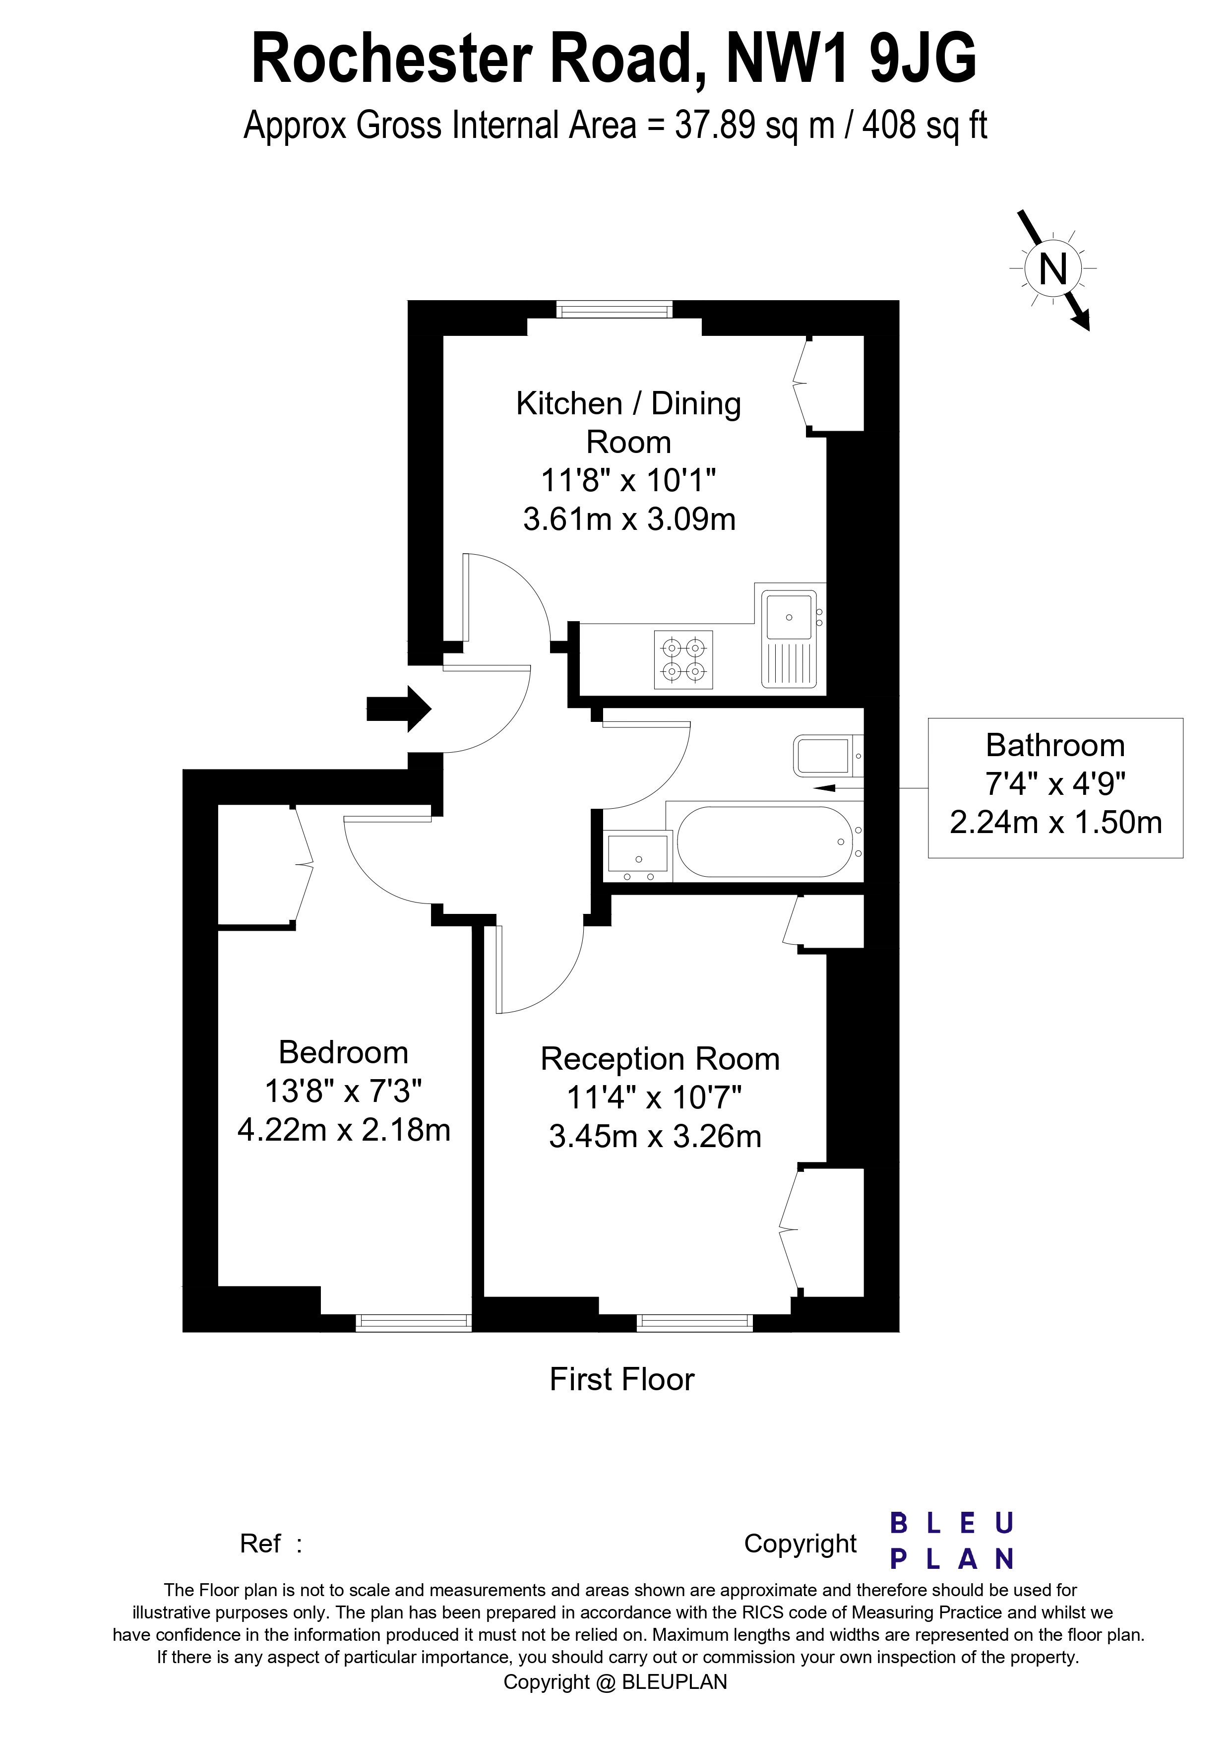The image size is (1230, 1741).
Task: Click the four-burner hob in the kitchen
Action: (x=683, y=660)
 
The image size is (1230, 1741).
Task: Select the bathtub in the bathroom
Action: (x=765, y=841)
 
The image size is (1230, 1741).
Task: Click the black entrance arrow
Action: (x=399, y=709)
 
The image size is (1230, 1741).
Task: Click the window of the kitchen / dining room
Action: (x=614, y=310)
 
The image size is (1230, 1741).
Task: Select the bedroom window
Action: (x=414, y=1322)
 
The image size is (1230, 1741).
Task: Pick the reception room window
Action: (x=695, y=1322)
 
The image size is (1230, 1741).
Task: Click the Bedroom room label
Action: (x=343, y=1052)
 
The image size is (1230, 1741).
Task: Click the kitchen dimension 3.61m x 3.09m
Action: (x=629, y=519)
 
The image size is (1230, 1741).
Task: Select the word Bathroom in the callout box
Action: (x=1055, y=745)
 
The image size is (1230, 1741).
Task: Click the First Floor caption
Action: (x=621, y=1379)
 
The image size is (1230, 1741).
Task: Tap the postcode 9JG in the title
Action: (x=923, y=59)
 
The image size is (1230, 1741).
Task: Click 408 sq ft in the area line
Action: (x=924, y=125)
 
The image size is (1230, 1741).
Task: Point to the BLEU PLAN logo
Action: (x=952, y=1541)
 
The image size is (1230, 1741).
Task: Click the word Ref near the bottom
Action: (x=260, y=1543)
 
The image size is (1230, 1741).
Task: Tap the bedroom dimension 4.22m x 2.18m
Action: (x=343, y=1130)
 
